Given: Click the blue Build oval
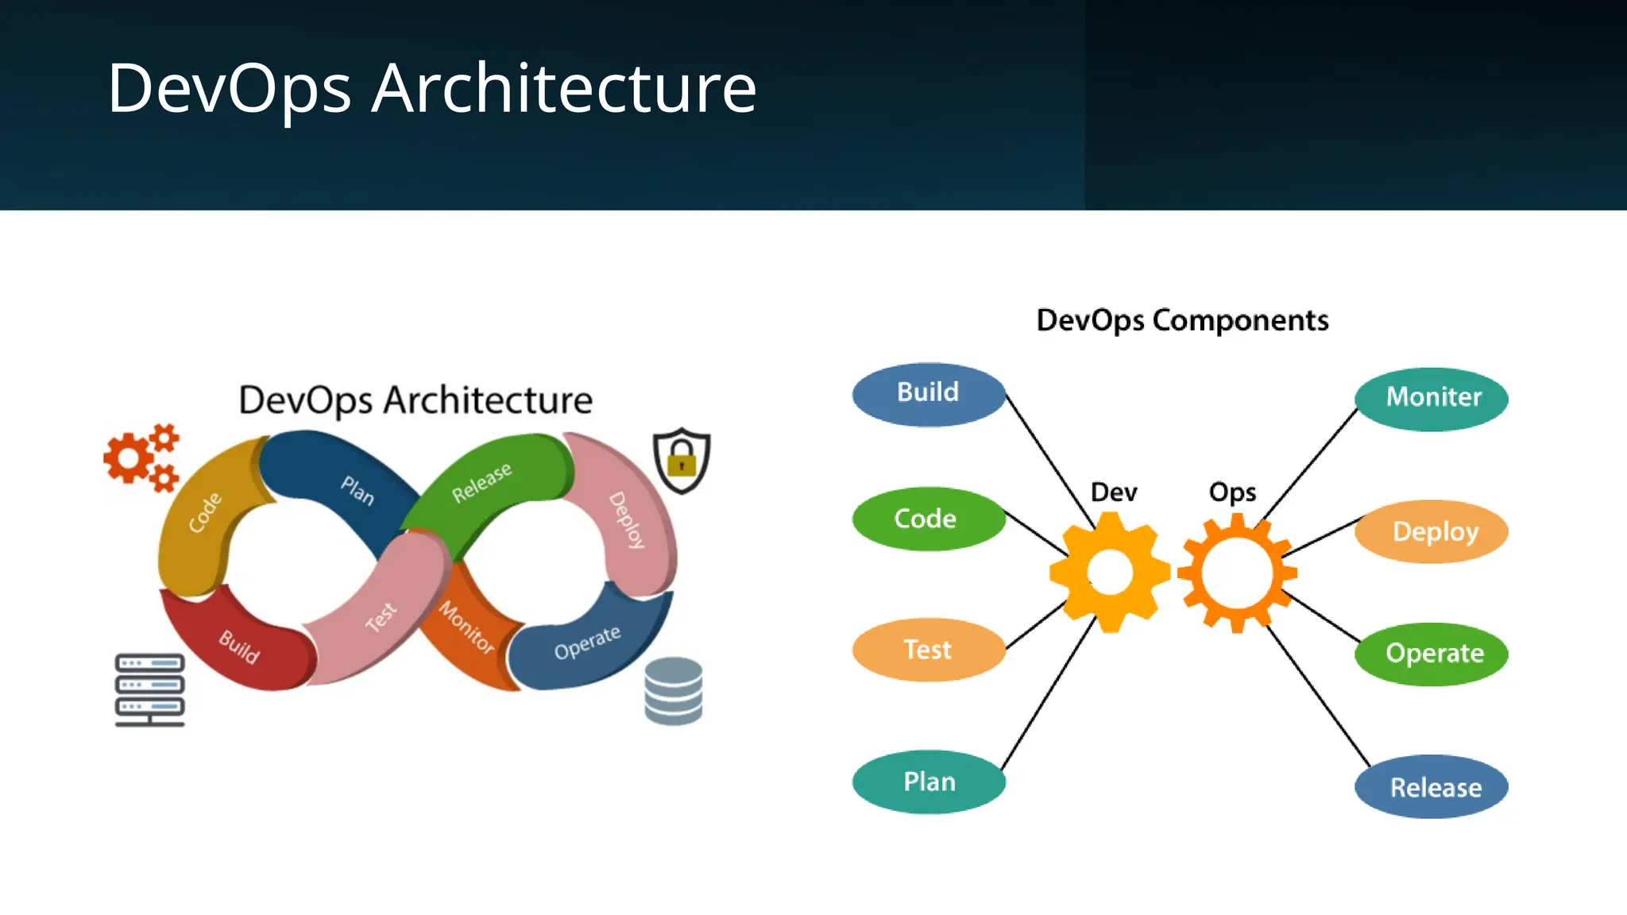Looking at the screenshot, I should tap(928, 394).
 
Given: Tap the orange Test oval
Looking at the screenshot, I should tap(928, 650).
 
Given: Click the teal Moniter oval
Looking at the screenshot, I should tap(1432, 398).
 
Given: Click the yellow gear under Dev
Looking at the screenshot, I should tap(1110, 572).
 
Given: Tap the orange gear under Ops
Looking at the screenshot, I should tap(1237, 573).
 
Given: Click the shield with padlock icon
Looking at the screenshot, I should tap(682, 460).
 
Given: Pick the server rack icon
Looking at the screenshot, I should tap(149, 689).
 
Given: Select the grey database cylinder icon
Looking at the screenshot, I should tap(674, 691).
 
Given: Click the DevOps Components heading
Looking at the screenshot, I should tap(1182, 320).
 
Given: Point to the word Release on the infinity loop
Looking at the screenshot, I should tap(481, 483).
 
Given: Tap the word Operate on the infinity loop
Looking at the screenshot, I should tap(587, 643).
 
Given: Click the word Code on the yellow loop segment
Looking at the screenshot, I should tap(205, 512).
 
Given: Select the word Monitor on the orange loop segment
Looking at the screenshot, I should tap(466, 627).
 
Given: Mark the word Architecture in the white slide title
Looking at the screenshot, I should tap(564, 88).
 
